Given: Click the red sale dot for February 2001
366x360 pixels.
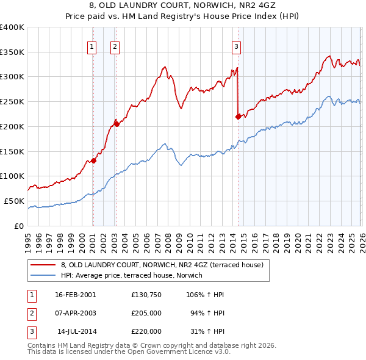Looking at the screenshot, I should pyautogui.click(x=93, y=161).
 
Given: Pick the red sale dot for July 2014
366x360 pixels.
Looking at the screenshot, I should pyautogui.click(x=238, y=117).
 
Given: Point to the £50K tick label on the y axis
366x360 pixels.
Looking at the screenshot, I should pyautogui.click(x=15, y=201).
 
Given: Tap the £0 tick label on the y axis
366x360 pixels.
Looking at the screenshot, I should pyautogui.click(x=20, y=226).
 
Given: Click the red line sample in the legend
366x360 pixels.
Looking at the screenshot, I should pyautogui.click(x=43, y=265).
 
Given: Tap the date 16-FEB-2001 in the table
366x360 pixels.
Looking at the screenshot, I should pyautogui.click(x=76, y=294).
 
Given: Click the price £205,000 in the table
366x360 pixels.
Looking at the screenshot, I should pyautogui.click(x=146, y=313).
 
